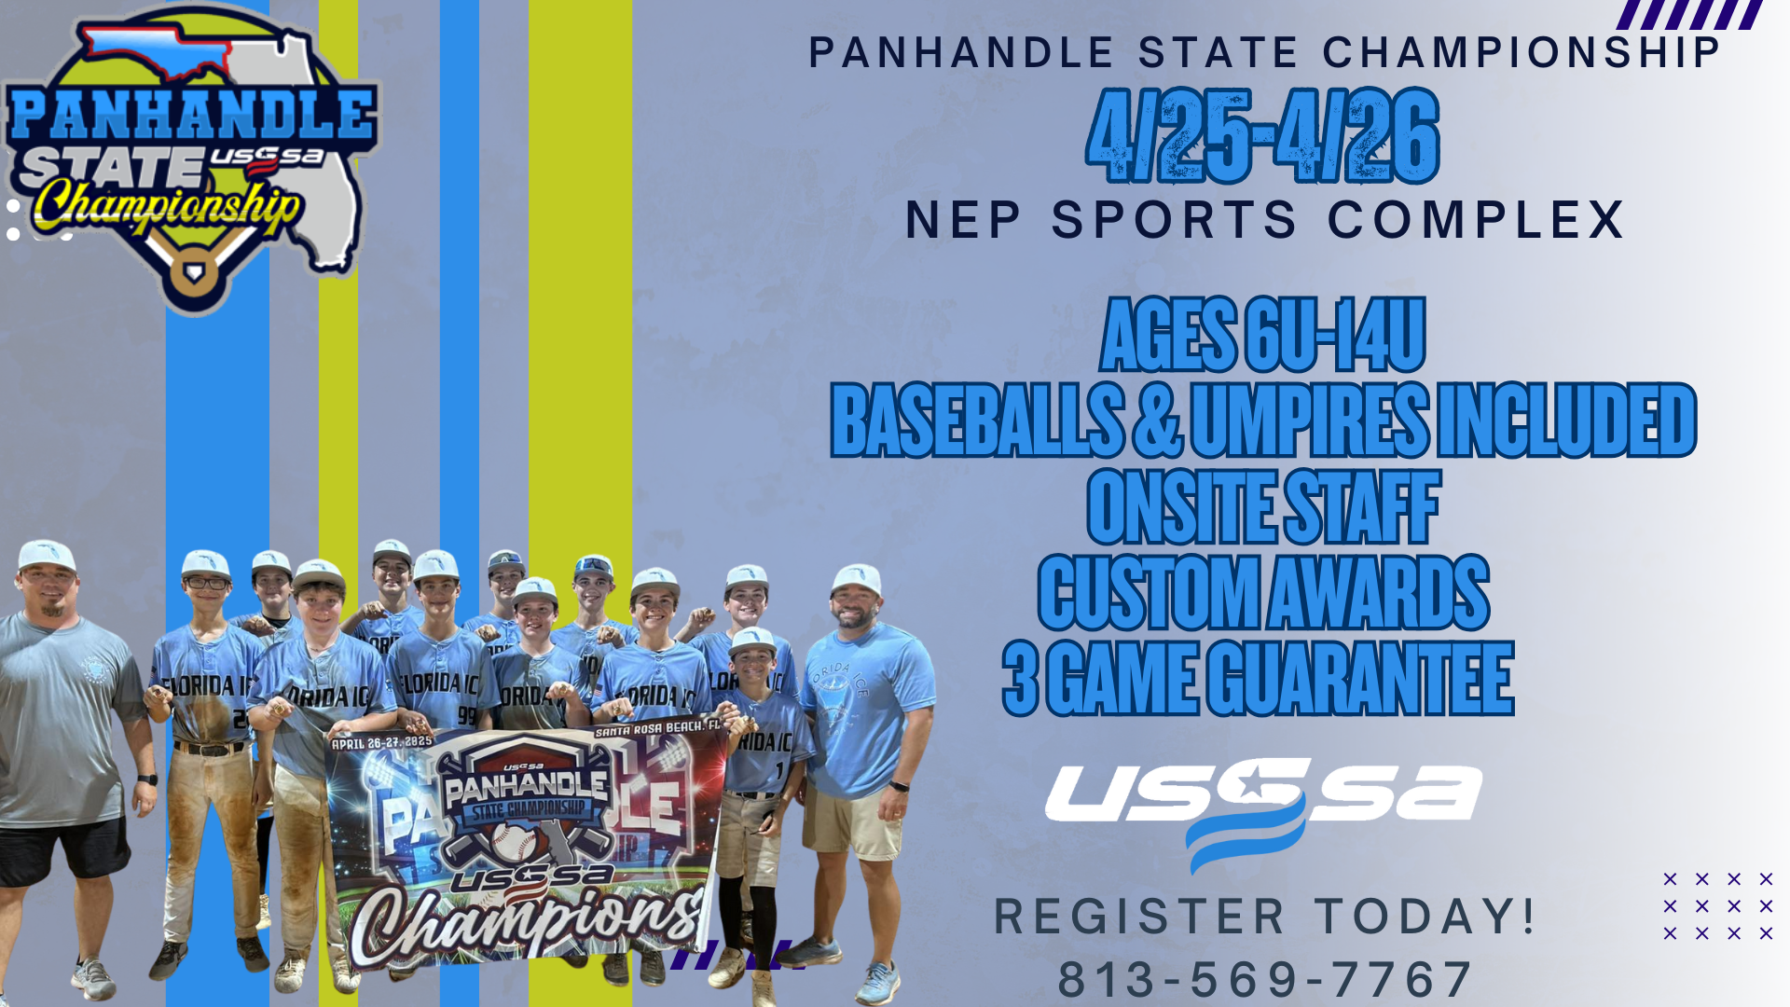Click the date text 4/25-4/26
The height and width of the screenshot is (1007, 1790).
point(1263,136)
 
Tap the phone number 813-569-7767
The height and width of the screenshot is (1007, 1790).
point(1265,979)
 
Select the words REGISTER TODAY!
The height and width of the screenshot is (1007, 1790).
point(1264,917)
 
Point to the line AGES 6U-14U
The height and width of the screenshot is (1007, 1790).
point(1263,335)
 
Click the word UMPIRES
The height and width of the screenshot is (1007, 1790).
point(1309,421)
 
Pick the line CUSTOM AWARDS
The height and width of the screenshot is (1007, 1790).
point(1263,592)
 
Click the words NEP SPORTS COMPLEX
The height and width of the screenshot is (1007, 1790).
point(1265,220)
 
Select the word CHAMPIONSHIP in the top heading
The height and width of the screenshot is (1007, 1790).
point(1521,52)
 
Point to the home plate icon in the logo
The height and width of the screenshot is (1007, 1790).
point(194,273)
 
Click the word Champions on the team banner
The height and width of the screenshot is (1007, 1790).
point(528,919)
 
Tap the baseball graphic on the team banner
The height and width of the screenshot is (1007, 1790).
point(513,843)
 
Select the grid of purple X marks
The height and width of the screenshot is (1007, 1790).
point(1717,905)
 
